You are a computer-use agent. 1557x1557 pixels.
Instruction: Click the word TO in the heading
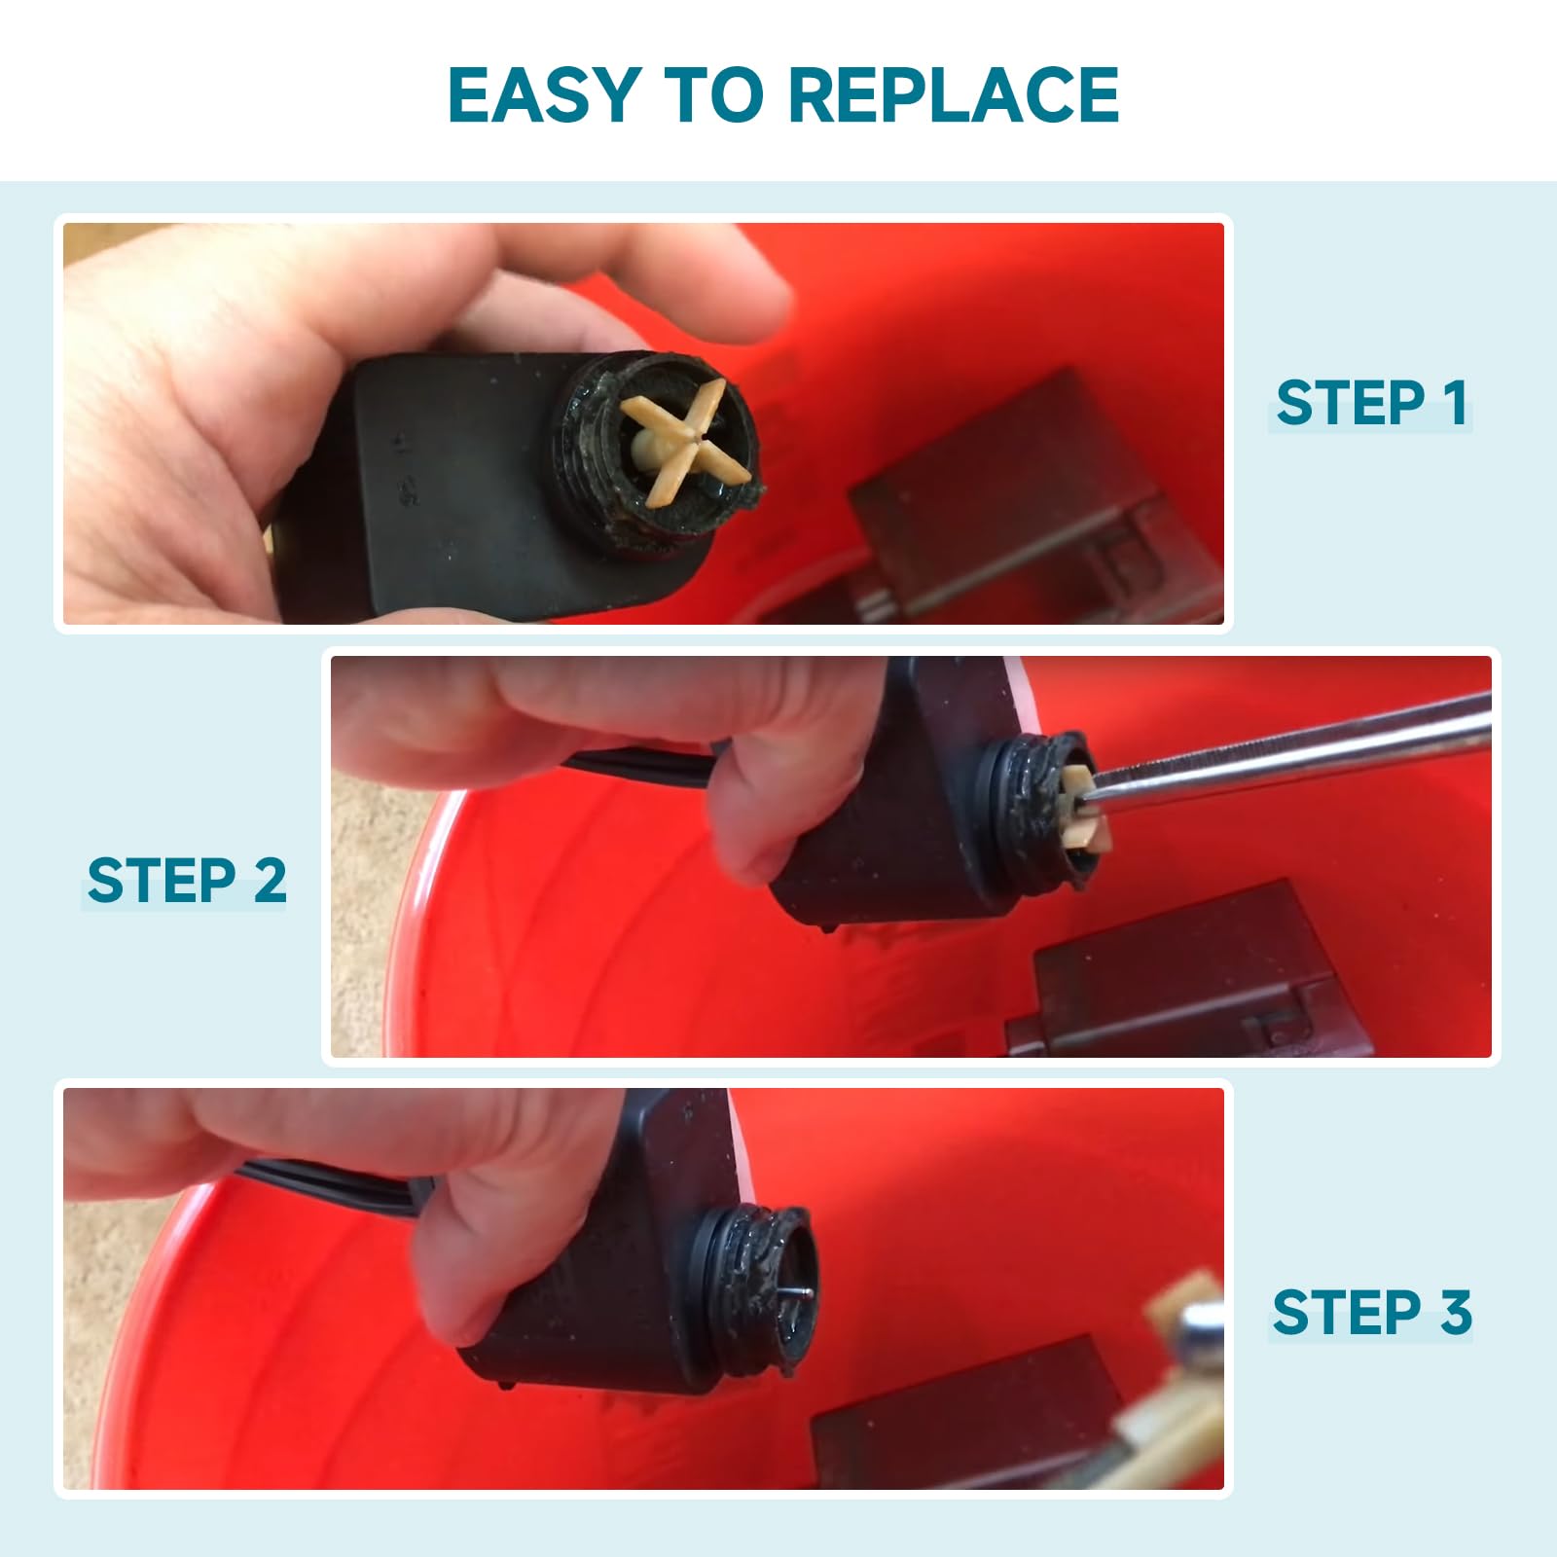[712, 94]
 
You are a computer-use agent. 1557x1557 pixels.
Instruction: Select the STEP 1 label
[1371, 403]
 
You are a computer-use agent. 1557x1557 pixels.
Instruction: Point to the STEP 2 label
[187, 881]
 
